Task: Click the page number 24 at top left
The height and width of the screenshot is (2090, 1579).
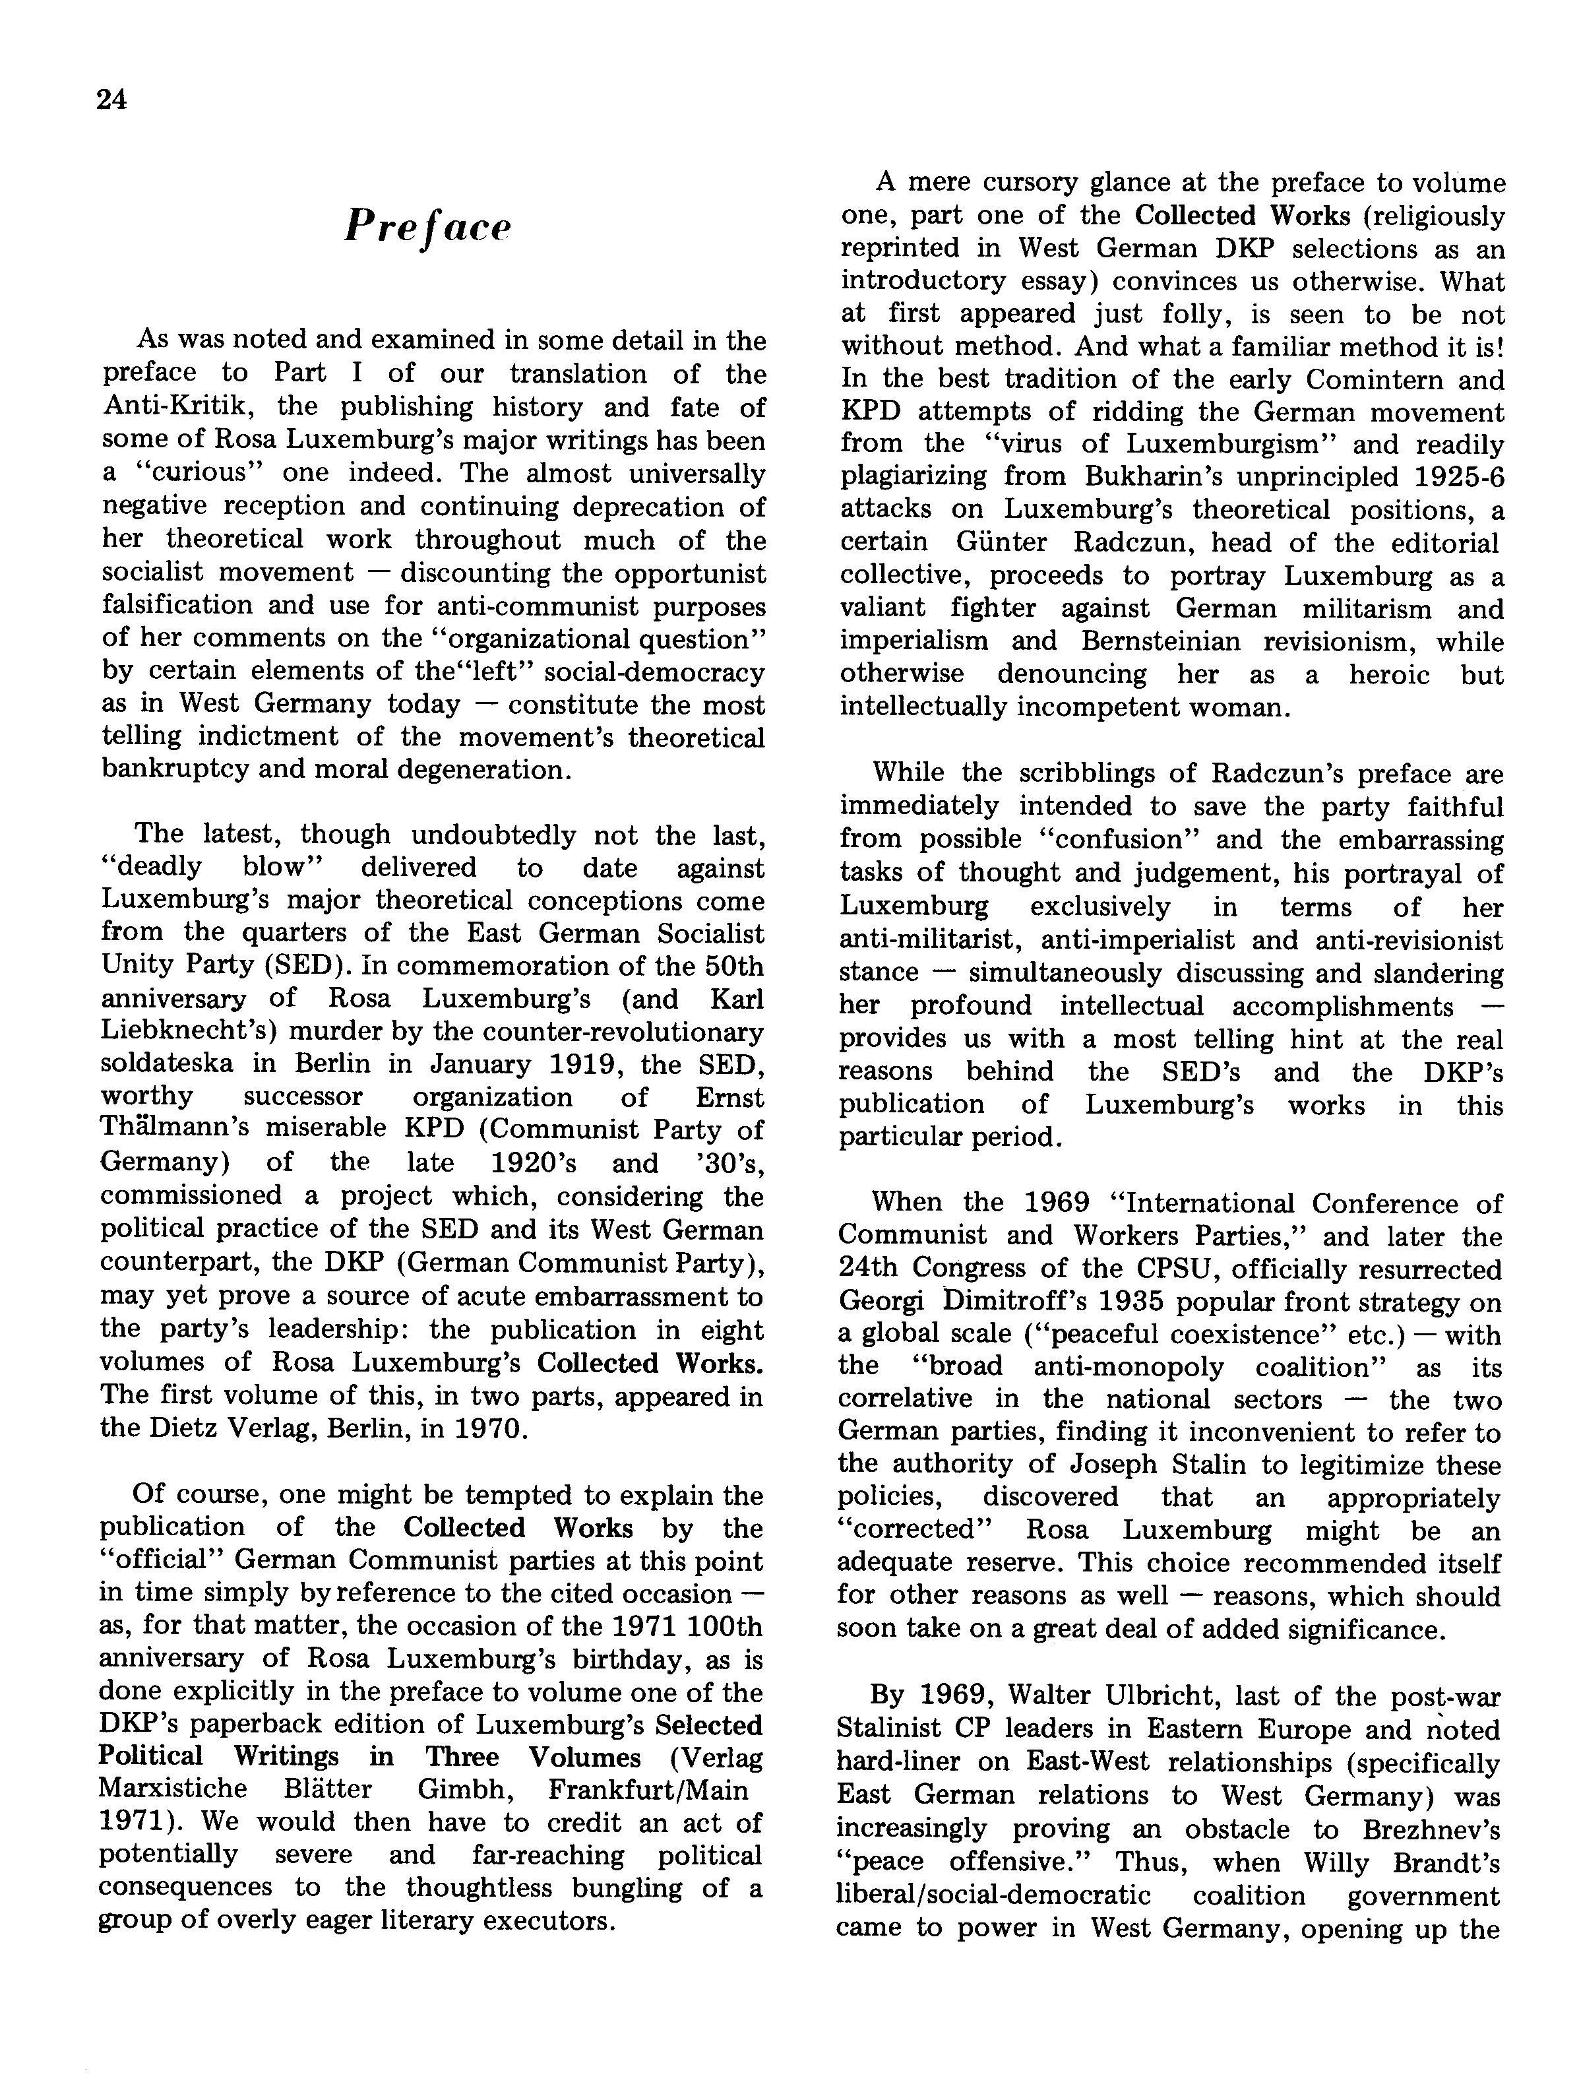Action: (111, 100)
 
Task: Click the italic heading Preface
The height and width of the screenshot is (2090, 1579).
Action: (427, 228)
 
